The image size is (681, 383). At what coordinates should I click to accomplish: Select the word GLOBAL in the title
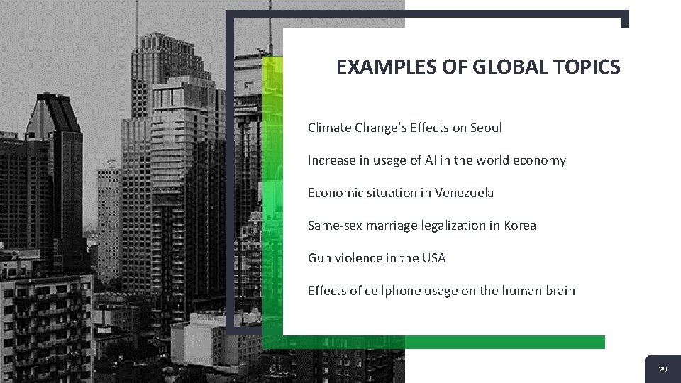click(x=503, y=67)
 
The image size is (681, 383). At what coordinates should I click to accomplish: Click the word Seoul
click(x=486, y=128)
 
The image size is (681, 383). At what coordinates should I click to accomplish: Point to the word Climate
click(x=328, y=128)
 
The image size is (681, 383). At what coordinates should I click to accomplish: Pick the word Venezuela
click(x=465, y=193)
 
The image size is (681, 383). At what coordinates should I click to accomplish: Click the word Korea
click(x=520, y=226)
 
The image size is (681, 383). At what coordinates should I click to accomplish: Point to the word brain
click(x=559, y=291)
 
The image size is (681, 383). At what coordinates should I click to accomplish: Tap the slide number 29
click(x=663, y=370)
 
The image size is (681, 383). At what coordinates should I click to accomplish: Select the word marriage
click(x=389, y=226)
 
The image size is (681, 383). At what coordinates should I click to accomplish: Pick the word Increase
click(x=331, y=160)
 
